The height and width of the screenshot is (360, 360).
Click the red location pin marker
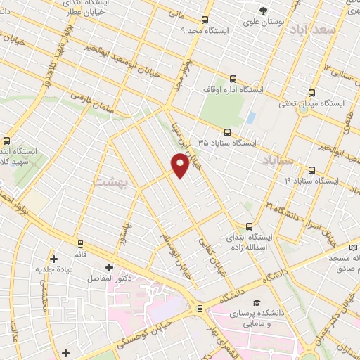(x=180, y=165)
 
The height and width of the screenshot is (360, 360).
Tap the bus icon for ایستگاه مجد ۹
(x=205, y=20)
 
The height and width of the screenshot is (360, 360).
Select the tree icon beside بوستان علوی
(x=262, y=10)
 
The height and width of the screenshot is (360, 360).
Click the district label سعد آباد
(x=335, y=32)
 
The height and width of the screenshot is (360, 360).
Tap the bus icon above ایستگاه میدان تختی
(x=311, y=93)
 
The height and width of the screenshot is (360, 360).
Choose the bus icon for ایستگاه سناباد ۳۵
(x=226, y=131)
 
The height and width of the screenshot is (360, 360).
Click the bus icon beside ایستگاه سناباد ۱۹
(x=311, y=169)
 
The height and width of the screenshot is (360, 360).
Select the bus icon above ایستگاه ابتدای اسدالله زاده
(x=249, y=226)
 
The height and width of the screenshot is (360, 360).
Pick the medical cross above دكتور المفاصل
(x=109, y=267)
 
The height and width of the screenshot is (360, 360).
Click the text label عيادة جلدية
(x=56, y=268)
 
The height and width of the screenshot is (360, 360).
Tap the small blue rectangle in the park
(x=250, y=117)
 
